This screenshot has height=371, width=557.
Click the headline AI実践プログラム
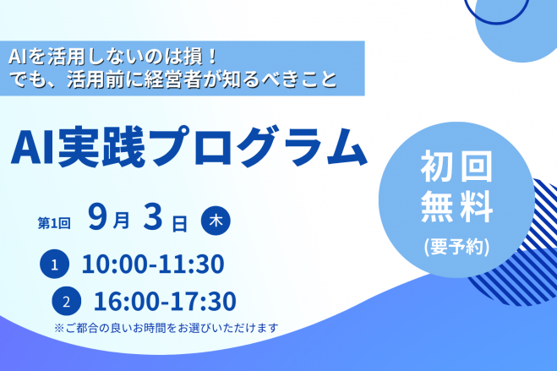click(x=188, y=146)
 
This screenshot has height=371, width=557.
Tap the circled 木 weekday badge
click(x=216, y=221)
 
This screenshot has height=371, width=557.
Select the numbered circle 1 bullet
click(x=54, y=265)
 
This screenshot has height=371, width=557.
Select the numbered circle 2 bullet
click(x=67, y=301)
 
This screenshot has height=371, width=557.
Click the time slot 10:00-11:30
click(x=153, y=265)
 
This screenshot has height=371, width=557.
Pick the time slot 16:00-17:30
click(x=165, y=301)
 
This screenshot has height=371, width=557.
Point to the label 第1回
click(x=54, y=223)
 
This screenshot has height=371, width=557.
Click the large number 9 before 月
click(x=98, y=216)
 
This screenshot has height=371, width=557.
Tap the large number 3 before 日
click(x=153, y=216)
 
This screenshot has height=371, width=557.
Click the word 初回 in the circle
click(x=456, y=166)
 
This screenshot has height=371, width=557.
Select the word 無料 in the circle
click(x=456, y=206)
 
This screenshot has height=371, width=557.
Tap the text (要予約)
click(x=456, y=247)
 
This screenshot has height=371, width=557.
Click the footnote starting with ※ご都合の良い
click(x=167, y=328)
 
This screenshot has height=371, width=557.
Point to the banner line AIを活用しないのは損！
click(x=112, y=57)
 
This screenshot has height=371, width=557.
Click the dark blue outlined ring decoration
click(x=496, y=23)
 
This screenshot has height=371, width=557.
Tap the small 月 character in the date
click(x=121, y=221)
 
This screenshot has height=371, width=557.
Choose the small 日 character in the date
click(x=180, y=224)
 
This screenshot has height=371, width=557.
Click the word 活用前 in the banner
click(x=95, y=79)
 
